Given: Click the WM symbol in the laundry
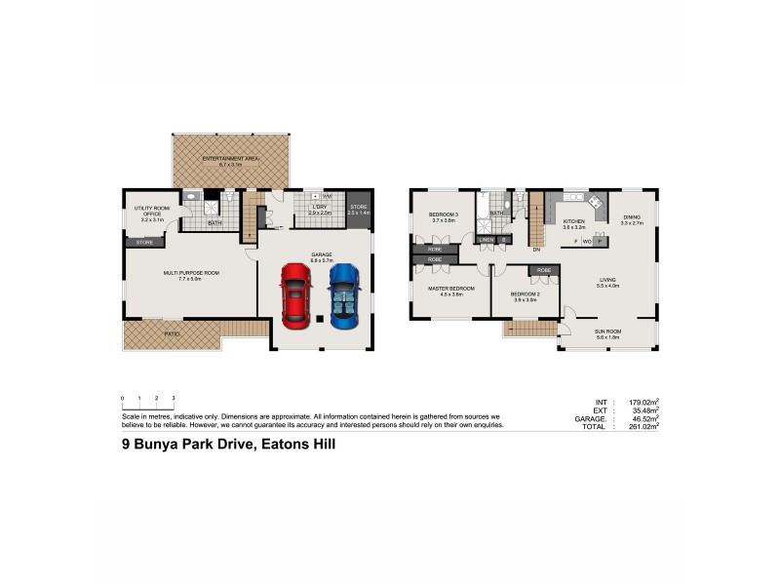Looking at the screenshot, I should tap(327, 196).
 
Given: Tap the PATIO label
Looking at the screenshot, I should tap(172, 333).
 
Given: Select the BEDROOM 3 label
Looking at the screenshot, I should tap(445, 216).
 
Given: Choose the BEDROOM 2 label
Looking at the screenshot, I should tap(526, 296).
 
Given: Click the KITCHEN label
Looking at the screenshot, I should tap(573, 221).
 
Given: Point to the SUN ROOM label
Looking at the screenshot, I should tap(607, 332).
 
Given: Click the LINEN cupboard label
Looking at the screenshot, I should tap(486, 239).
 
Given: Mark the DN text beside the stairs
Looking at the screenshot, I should tap(536, 250).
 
